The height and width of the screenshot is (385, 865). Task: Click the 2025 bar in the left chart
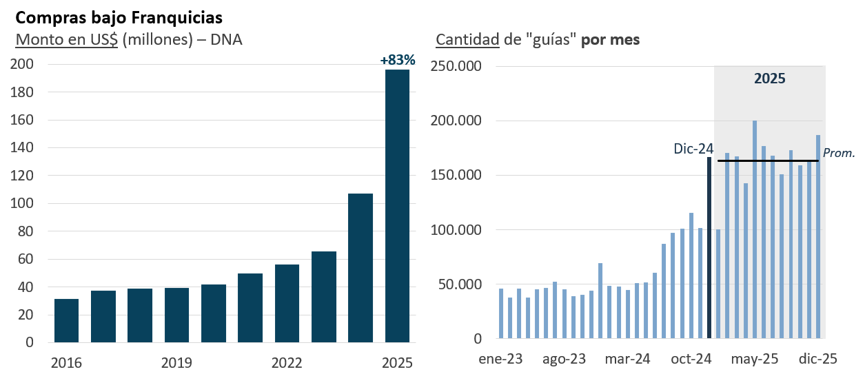click(397, 207)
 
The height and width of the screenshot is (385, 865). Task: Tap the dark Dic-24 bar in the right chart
click(709, 248)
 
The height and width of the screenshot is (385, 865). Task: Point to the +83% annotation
click(398, 60)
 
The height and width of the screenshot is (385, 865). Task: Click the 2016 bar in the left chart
click(66, 320)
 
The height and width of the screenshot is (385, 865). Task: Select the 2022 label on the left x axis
click(287, 363)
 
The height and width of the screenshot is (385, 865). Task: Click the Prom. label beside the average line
click(839, 153)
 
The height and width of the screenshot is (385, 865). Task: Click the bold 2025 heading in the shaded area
click(769, 79)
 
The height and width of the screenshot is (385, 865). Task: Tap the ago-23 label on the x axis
click(564, 360)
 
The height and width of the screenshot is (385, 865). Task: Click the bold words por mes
click(610, 39)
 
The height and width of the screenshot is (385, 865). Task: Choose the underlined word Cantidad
click(467, 39)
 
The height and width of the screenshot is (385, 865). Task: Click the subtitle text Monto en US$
click(67, 39)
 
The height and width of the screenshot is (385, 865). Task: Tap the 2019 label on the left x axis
click(176, 363)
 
